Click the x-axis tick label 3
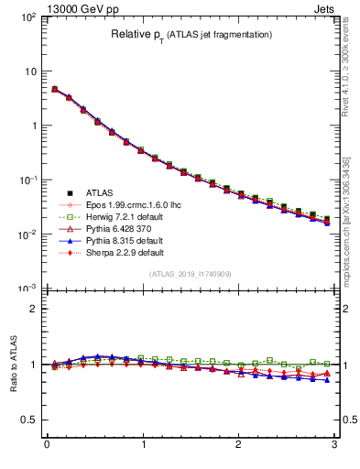pos(334,446)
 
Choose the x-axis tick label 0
pos(47,446)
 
